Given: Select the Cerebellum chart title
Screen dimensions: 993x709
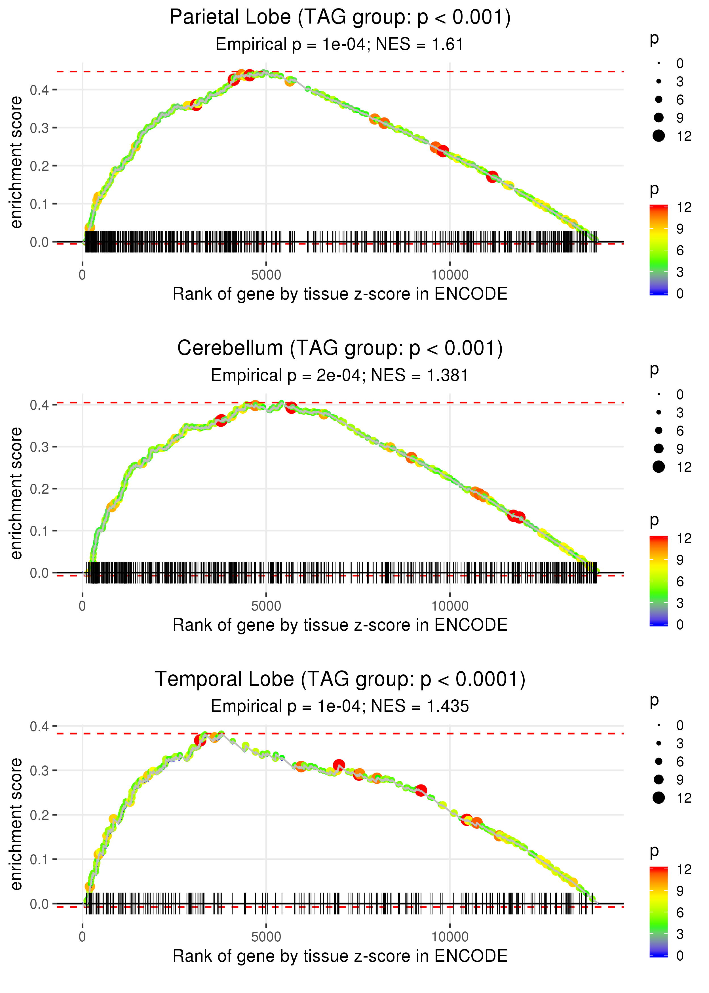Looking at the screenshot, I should (340, 348).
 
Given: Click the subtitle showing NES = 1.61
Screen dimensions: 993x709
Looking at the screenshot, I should (340, 45).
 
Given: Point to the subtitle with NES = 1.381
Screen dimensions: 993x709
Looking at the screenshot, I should (340, 376).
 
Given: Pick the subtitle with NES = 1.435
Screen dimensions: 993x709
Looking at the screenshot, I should (340, 706).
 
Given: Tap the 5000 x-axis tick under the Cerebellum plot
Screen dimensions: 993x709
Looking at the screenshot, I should (266, 606).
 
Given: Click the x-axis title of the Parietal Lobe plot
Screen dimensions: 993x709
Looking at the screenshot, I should (340, 294).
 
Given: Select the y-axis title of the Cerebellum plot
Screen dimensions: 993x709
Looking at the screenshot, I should (16, 493).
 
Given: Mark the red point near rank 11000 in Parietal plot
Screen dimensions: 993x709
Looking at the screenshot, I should (492, 177).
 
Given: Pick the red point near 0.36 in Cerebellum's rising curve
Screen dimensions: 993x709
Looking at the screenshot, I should (221, 420).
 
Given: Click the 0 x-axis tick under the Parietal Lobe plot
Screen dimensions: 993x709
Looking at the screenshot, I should (83, 275).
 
